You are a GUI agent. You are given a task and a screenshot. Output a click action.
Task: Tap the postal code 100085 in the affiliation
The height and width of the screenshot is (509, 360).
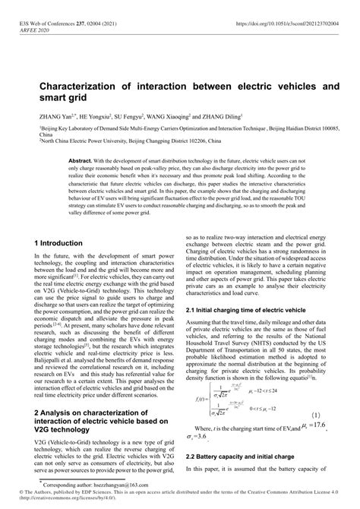[x=321, y=130]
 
